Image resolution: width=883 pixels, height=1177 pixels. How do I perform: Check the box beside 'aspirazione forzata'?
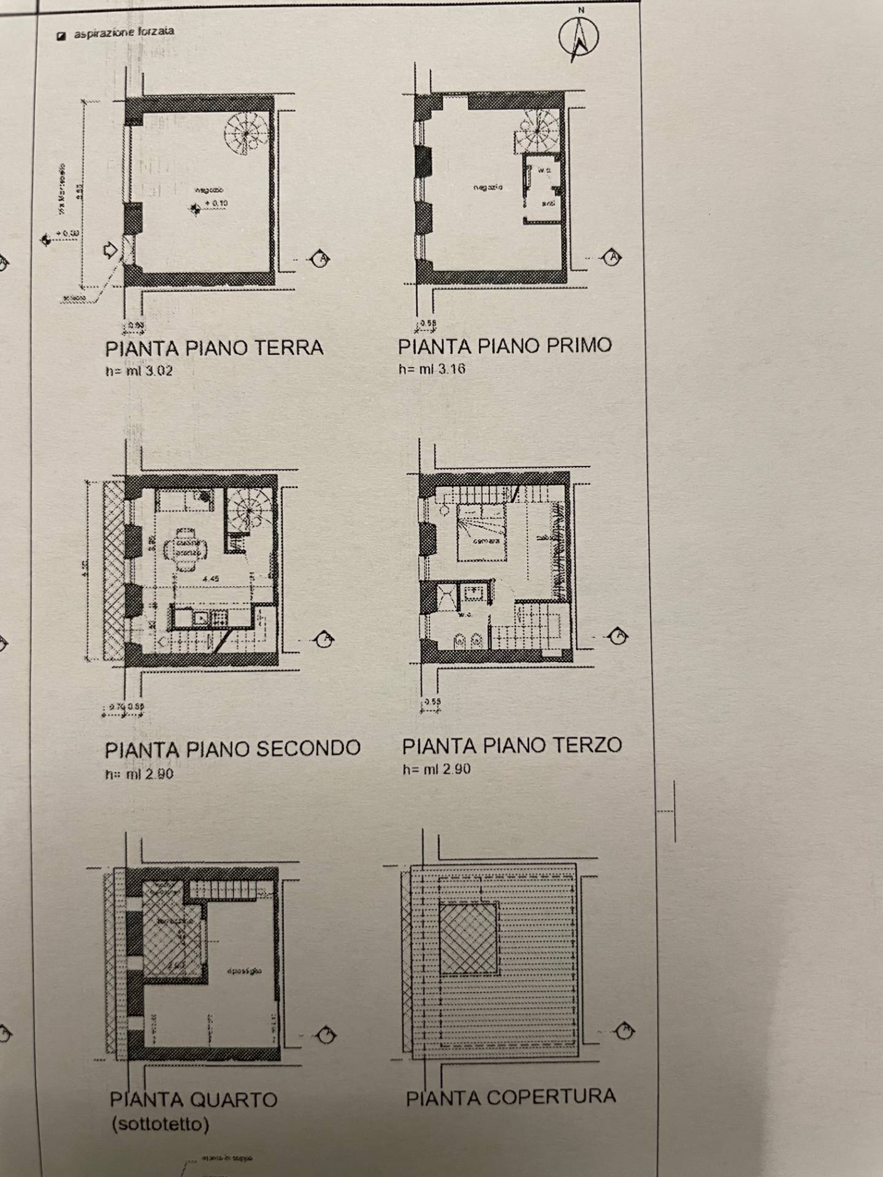(61, 36)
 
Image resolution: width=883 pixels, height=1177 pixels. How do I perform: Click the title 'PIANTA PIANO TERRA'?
(214, 348)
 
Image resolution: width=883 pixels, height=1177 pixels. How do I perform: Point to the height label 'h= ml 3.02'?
(139, 370)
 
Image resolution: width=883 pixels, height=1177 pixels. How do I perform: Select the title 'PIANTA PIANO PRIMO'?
(505, 346)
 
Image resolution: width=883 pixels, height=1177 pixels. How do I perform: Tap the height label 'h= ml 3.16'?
(431, 368)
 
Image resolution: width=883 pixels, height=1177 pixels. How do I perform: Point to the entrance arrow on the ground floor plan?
(111, 249)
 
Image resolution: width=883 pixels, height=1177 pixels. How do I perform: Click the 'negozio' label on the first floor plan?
(487, 186)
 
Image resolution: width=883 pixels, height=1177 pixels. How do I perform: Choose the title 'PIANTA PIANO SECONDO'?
(232, 749)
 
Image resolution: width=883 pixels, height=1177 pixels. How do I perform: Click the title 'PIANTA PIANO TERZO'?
(512, 745)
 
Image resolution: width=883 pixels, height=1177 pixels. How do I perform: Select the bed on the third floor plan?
(482, 532)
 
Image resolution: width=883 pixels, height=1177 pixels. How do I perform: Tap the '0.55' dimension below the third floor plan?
(432, 702)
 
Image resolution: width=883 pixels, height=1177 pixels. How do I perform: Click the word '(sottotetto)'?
(159, 1124)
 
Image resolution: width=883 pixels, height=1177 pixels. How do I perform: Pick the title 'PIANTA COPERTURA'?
(510, 1097)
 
